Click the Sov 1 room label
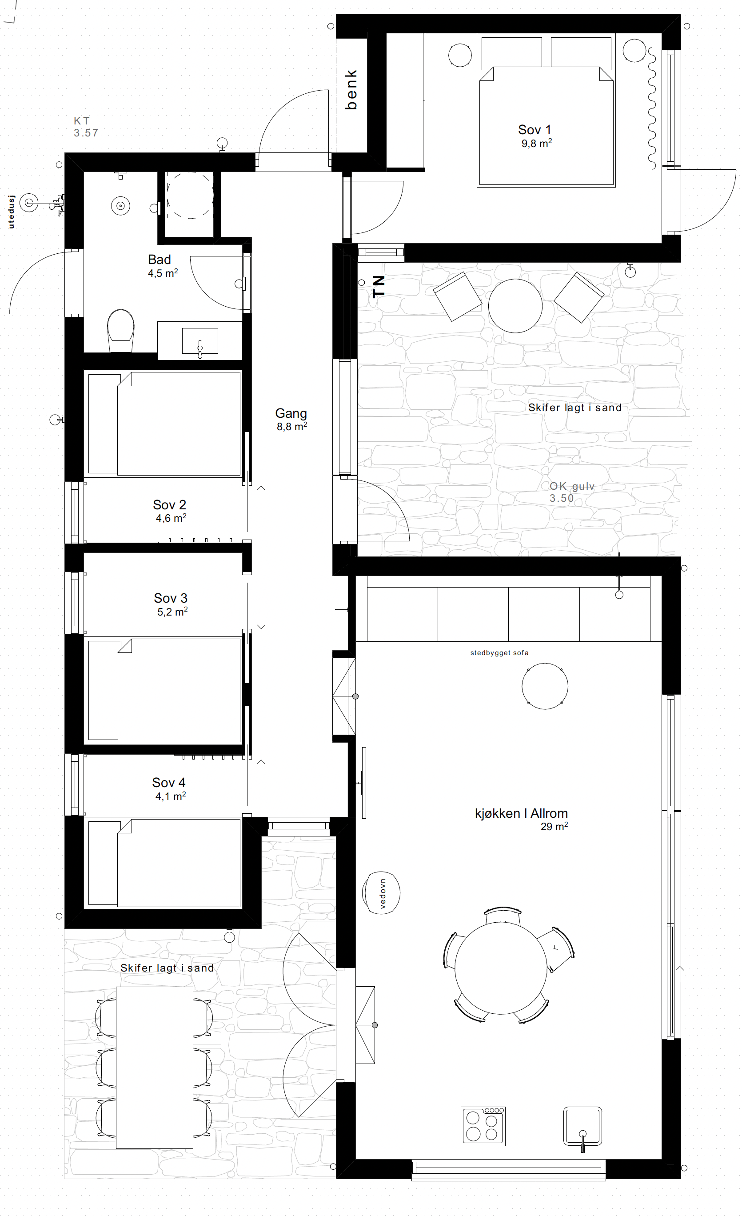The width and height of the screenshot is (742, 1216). [535, 130]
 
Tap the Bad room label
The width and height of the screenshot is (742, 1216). [160, 260]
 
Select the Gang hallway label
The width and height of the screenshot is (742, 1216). [291, 414]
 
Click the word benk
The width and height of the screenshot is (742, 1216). [351, 89]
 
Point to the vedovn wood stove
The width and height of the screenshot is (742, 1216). [381, 893]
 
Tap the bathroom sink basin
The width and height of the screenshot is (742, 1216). [200, 341]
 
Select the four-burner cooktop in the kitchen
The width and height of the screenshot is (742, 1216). [483, 1126]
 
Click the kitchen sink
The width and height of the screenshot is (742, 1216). [582, 1126]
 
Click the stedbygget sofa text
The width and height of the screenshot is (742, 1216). [499, 653]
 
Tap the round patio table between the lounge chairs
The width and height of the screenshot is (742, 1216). [515, 306]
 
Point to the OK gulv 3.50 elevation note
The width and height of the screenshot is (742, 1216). [572, 492]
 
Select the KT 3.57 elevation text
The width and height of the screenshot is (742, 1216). [86, 127]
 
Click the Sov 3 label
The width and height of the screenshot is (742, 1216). [170, 598]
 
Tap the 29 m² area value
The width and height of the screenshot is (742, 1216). [554, 826]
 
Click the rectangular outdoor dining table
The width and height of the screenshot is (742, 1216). [155, 1068]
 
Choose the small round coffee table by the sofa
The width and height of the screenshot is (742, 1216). [545, 686]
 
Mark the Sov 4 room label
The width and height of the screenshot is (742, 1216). [168, 783]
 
